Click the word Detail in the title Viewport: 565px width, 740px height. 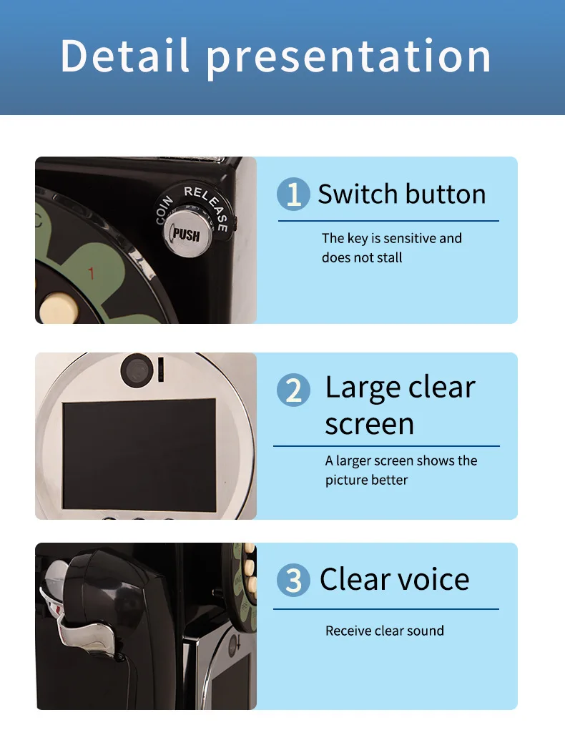[x=125, y=56]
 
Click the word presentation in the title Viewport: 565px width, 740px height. [x=349, y=59]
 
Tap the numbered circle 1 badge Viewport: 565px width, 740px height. [x=294, y=194]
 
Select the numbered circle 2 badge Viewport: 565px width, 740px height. [x=294, y=390]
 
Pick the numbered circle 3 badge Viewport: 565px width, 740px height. [x=294, y=580]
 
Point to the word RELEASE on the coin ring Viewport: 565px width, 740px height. [x=208, y=207]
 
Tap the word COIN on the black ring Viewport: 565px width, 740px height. [x=164, y=210]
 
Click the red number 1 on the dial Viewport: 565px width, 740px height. [x=91, y=273]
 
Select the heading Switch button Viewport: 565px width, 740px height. [x=402, y=194]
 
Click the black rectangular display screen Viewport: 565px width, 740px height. [x=139, y=454]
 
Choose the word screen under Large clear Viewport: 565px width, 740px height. [x=370, y=424]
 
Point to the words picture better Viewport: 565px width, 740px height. [x=366, y=480]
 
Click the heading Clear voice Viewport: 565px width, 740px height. [x=395, y=579]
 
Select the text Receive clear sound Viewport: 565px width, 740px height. [x=385, y=631]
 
